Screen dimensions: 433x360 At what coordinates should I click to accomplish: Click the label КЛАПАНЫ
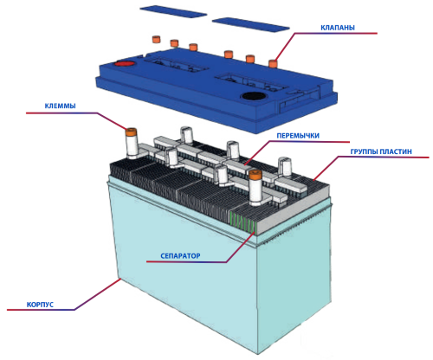(x=338, y=28)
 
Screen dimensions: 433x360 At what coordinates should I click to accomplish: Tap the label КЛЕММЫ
(x=60, y=106)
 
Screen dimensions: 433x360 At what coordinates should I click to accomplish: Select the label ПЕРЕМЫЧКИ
(x=298, y=136)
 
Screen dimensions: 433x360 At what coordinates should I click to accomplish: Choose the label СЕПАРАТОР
(x=180, y=256)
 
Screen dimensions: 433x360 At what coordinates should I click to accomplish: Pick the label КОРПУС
(x=40, y=305)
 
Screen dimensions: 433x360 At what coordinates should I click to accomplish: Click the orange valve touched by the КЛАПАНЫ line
(x=273, y=63)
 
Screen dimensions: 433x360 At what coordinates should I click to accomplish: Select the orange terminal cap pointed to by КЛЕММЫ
(x=131, y=132)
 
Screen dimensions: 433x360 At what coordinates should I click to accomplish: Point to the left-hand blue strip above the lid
(x=173, y=11)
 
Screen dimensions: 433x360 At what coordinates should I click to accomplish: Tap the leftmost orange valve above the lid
(x=156, y=39)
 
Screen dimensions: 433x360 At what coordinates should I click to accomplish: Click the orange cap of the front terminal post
(x=255, y=175)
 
